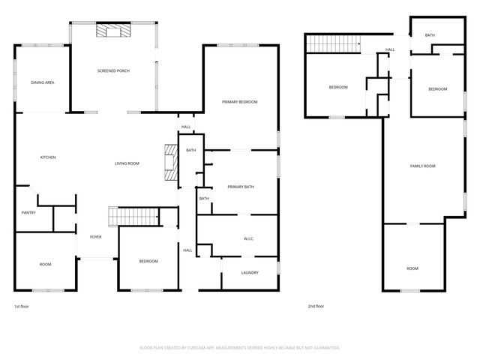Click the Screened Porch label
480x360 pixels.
(113, 70)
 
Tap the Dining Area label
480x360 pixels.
(42, 82)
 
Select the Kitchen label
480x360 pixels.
(48, 157)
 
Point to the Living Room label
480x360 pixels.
(127, 163)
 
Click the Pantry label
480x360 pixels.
(28, 213)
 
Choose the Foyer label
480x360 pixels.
(96, 237)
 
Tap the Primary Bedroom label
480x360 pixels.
(239, 101)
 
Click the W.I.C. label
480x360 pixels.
(249, 239)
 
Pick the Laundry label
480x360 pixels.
(249, 273)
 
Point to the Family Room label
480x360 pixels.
(422, 166)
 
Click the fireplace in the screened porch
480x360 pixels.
(113, 31)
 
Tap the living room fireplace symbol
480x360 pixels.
(172, 163)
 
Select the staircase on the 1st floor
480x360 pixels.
(133, 216)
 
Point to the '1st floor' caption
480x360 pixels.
(22, 306)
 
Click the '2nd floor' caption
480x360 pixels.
(316, 306)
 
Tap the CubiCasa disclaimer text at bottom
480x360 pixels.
(240, 347)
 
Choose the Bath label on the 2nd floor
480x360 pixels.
(430, 35)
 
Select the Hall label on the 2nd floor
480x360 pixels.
(390, 50)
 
